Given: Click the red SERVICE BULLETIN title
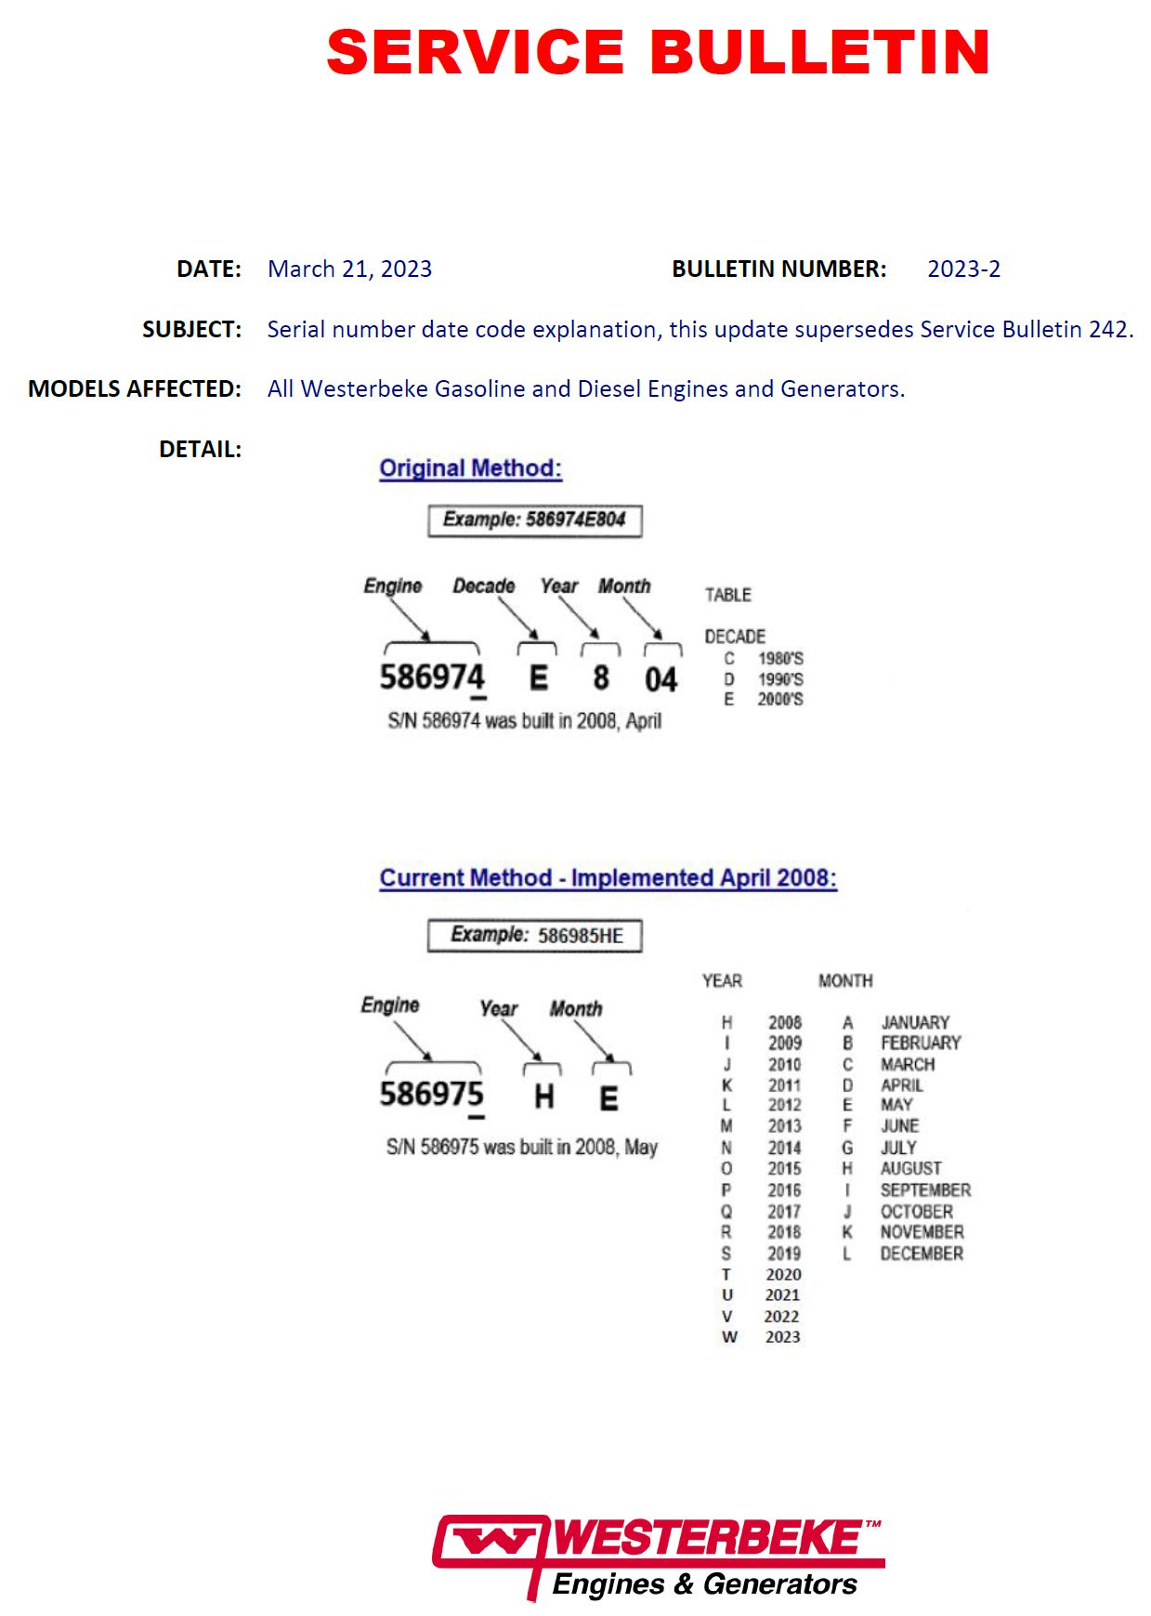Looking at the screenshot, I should coord(658,52).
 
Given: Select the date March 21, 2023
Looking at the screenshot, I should coord(349,269).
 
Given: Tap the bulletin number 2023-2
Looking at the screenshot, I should coord(963,269).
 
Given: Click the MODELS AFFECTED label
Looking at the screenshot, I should coord(135,388).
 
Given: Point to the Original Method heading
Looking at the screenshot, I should coord(470,467).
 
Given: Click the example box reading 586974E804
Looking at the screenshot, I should coord(534,519).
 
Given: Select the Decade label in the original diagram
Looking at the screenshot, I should coord(483,585).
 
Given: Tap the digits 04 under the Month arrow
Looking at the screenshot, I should coord(661,679).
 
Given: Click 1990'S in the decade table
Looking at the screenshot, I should coord(780,679).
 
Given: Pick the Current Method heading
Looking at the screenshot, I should coord(608,878).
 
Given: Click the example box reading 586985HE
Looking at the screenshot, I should coord(534,935).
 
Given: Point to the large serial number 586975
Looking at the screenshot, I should coord(431,1094).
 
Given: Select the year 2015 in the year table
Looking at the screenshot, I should coord(784,1168).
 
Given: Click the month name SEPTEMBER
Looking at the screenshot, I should coord(925,1189).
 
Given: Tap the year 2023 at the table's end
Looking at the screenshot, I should coord(782,1336).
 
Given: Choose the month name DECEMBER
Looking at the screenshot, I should coord(922,1254).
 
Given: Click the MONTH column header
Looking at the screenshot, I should coord(845,980).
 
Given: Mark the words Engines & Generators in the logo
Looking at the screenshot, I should coord(704,1583).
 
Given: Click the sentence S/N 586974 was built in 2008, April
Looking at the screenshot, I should coord(524,720).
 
